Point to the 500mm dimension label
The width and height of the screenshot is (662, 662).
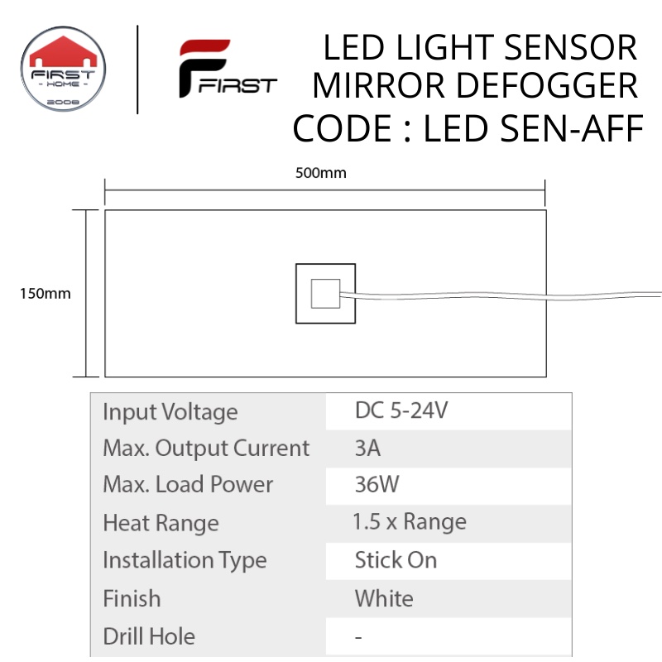click(320, 174)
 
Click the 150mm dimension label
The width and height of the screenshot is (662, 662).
click(46, 294)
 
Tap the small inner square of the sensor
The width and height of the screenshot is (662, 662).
click(324, 294)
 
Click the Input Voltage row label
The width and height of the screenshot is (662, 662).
click(170, 411)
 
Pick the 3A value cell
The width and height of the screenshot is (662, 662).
click(367, 448)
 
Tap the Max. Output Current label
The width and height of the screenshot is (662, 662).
click(206, 448)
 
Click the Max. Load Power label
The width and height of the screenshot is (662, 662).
click(188, 484)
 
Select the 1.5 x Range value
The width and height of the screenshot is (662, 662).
click(409, 522)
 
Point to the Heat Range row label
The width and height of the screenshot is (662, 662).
click(161, 523)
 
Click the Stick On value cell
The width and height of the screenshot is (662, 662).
click(396, 559)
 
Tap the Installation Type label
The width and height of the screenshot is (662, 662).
click(185, 560)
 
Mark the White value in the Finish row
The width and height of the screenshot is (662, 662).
click(383, 597)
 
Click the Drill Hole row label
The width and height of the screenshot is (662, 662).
click(149, 636)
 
